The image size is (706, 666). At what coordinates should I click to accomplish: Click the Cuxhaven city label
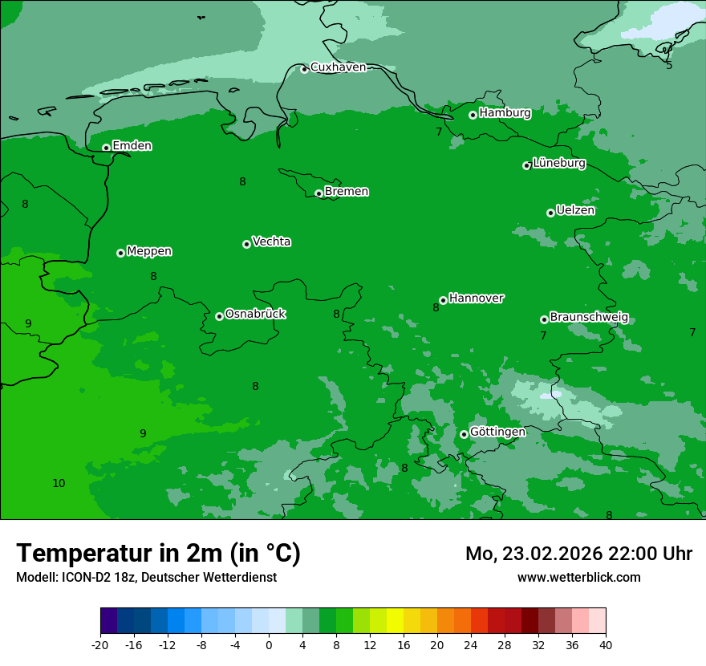[x=338, y=67]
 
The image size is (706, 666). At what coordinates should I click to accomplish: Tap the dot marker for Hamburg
[x=473, y=115]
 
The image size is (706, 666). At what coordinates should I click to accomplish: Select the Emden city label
[x=132, y=146]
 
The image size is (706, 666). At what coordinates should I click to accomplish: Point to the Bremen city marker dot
[x=319, y=193]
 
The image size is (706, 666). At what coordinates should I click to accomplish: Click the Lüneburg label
[x=558, y=163]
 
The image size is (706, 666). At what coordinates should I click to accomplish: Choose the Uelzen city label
[x=575, y=210]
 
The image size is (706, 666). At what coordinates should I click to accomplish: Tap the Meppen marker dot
[x=120, y=253]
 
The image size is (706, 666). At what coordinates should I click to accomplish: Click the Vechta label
[x=271, y=242]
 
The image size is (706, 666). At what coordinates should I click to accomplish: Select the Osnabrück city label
[x=255, y=314]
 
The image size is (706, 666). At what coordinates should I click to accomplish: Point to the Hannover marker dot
[x=443, y=300]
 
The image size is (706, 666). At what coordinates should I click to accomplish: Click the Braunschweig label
[x=589, y=317]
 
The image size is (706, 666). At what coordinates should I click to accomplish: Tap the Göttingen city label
[x=497, y=432]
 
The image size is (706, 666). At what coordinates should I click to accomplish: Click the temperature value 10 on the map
[x=59, y=483]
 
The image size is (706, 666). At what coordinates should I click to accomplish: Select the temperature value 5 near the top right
[x=669, y=65]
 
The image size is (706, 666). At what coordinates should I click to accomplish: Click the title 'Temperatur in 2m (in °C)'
[x=158, y=554]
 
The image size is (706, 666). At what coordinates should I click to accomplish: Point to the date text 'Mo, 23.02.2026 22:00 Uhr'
[x=578, y=554]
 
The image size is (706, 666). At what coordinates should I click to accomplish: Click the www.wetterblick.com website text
[x=578, y=577]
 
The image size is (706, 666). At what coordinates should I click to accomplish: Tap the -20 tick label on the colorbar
[x=100, y=644]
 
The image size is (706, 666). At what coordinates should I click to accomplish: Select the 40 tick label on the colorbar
[x=605, y=644]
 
